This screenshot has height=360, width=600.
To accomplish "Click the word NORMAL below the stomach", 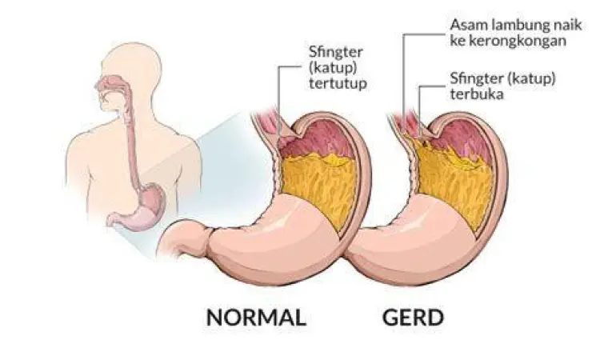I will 256,317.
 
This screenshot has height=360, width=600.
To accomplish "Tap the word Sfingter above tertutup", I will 330,54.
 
